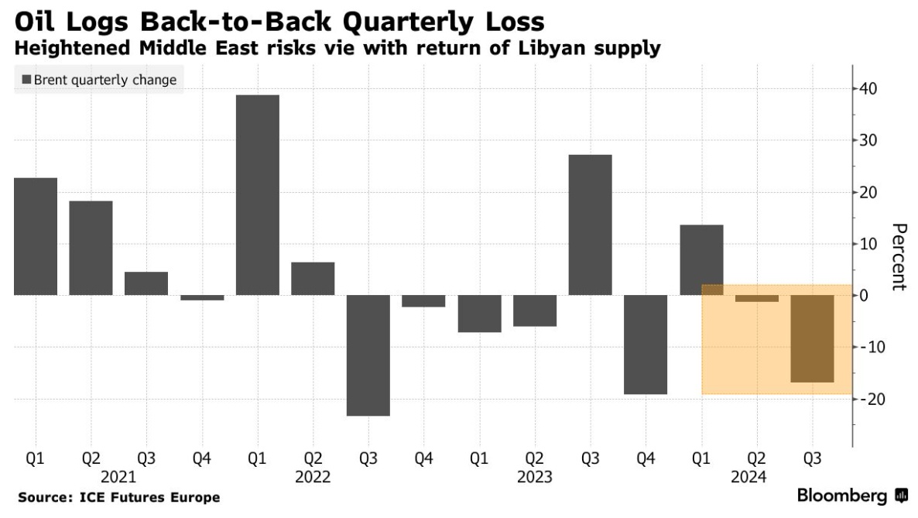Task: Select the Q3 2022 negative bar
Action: (x=368, y=355)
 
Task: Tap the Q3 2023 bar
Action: (x=590, y=225)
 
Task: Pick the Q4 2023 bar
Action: (x=646, y=345)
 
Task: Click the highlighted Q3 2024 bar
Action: (x=812, y=338)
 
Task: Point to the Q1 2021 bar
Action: (x=36, y=237)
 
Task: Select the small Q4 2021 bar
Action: (x=202, y=297)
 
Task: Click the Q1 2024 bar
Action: (x=701, y=260)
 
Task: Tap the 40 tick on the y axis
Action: (x=865, y=88)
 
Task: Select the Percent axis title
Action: (x=898, y=257)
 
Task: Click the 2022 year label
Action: (x=313, y=477)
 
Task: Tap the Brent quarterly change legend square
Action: (x=26, y=80)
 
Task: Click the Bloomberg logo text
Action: (x=842, y=496)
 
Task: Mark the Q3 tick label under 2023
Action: (x=590, y=459)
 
